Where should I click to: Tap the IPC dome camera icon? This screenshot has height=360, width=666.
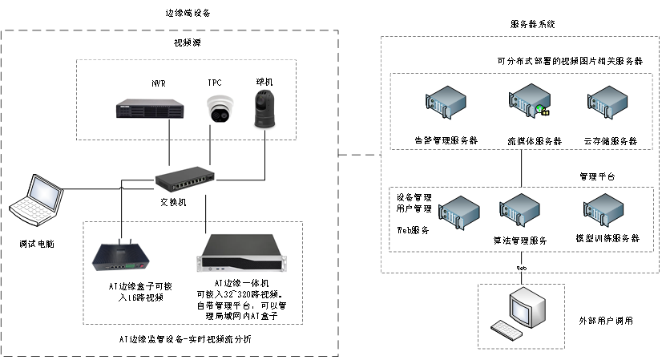(215, 108)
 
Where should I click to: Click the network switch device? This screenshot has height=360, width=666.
(185, 180)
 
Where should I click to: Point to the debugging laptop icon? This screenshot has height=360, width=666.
(37, 200)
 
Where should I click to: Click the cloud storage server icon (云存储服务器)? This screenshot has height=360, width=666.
(607, 104)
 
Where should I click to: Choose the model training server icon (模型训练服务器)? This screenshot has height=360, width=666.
(602, 212)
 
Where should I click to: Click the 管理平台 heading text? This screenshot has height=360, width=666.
(597, 175)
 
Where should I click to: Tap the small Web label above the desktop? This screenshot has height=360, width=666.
(521, 267)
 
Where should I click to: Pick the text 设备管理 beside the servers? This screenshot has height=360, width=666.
(414, 196)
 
